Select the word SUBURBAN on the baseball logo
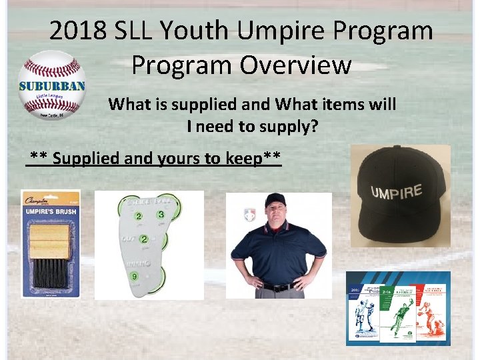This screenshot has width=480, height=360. pyautogui.click(x=51, y=86)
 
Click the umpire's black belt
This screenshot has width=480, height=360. pyautogui.click(x=279, y=287)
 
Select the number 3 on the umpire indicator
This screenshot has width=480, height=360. pyautogui.click(x=161, y=215)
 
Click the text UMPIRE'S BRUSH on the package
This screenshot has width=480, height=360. pyautogui.click(x=51, y=213)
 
